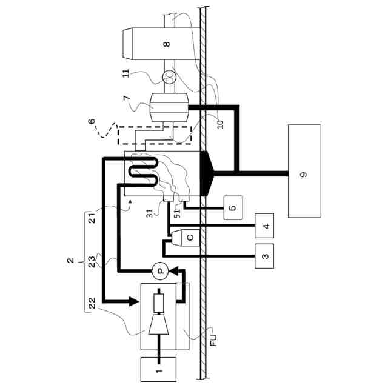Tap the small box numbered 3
(x=264, y=256)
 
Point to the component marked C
(x=189, y=238)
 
